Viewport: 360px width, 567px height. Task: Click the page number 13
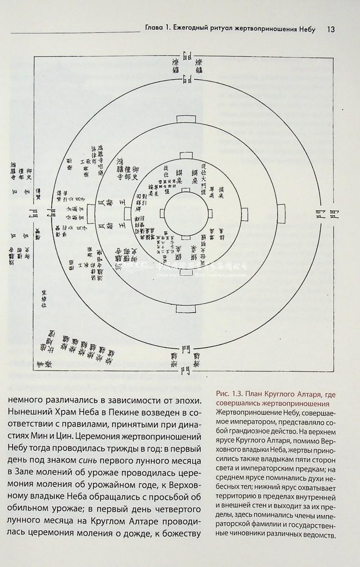pyautogui.click(x=330, y=30)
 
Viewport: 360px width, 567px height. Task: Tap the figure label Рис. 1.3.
pyautogui.click(x=230, y=395)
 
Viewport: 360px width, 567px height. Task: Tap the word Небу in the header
pyautogui.click(x=306, y=30)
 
